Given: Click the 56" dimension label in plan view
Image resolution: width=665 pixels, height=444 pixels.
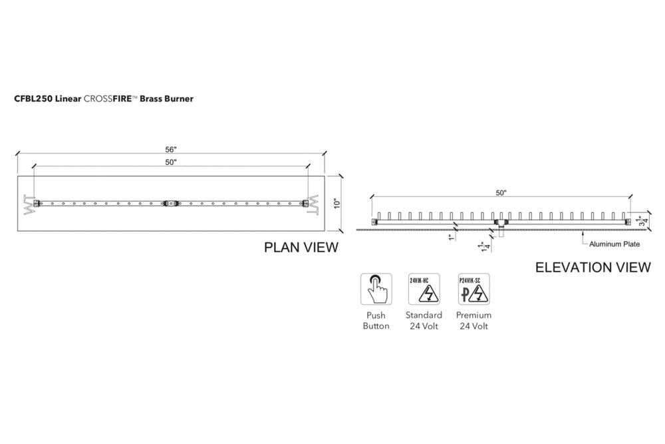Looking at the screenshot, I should pos(172,150).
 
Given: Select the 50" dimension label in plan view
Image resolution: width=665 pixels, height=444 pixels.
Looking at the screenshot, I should pos(172,162).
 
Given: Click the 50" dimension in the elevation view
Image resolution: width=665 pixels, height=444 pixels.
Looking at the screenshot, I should pos(501,193).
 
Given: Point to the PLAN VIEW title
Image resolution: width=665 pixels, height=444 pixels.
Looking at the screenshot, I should pos(301,248).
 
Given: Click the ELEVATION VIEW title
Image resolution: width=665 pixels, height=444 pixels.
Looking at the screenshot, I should pos(593,268).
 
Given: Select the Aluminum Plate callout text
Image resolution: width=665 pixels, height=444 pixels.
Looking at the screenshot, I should pos(614,244).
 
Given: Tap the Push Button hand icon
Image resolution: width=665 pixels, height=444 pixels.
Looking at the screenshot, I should pos(376,289).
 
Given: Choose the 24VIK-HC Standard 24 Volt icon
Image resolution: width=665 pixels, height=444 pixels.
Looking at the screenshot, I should pos(424,289).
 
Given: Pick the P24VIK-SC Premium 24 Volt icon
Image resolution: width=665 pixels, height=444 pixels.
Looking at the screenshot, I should pos(473,289).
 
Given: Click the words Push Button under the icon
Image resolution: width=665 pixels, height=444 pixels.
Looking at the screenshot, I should pos(376,320).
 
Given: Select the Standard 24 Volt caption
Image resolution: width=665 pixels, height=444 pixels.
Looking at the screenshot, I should pos(424,320).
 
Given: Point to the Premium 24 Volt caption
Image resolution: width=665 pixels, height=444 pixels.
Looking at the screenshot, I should pos(473,320).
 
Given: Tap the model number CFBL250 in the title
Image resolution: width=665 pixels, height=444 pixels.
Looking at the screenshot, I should pos(32,98).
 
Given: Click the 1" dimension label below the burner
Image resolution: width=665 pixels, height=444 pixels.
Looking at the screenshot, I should pos(451,237).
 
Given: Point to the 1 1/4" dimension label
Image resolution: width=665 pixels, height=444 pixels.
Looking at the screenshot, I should pos(484,246).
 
